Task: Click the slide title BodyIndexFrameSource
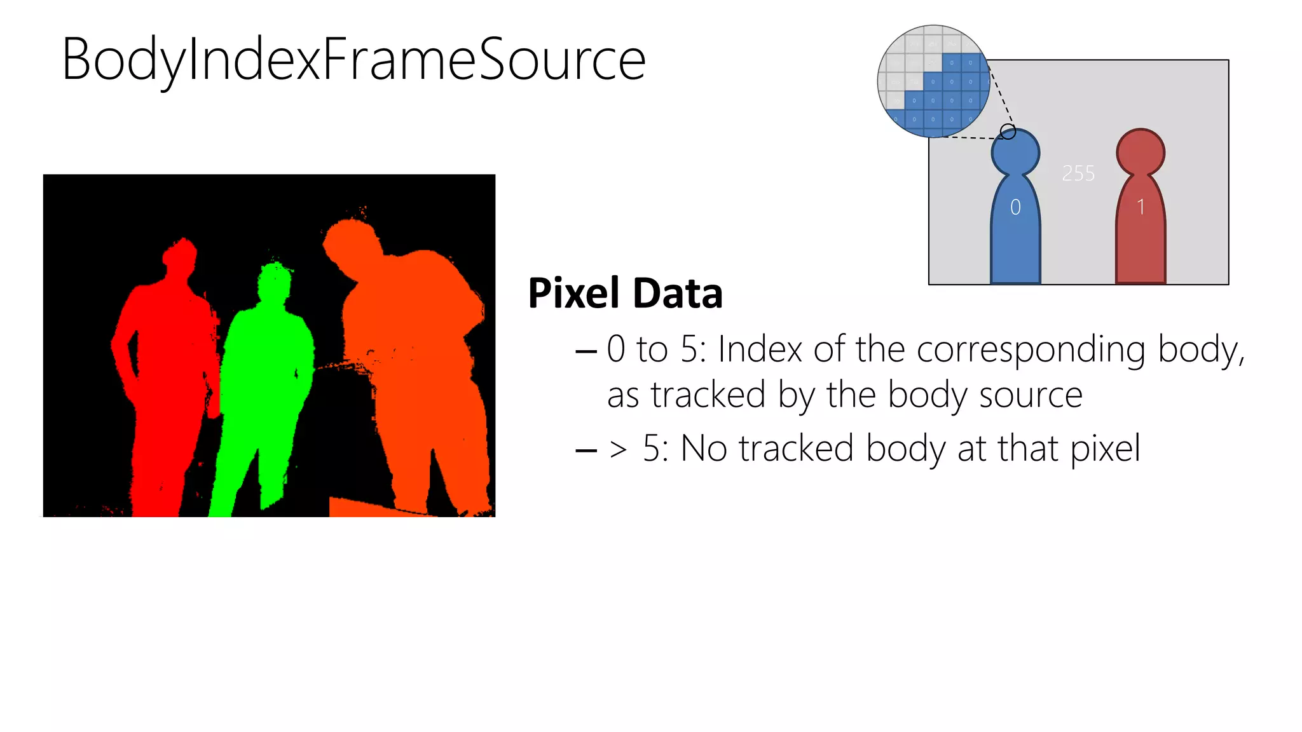click(353, 60)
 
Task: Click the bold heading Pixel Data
click(625, 294)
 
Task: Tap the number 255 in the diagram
click(1078, 173)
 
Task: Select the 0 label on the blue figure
click(1015, 207)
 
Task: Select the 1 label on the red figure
click(1141, 207)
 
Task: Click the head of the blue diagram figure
click(1015, 152)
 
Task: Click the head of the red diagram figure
click(1141, 152)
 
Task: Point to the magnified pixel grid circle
click(933, 81)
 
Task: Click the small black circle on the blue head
click(1008, 132)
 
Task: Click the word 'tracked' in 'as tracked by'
click(708, 395)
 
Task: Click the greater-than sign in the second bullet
click(618, 449)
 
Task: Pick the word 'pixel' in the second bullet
click(1105, 450)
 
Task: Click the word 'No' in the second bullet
click(704, 449)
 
